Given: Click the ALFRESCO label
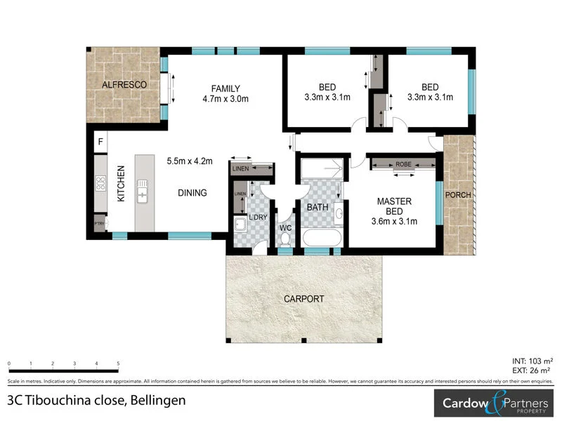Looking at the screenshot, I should coord(124,85).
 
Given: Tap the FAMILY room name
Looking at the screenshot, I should coord(226,88).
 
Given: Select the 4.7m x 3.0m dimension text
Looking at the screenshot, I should coord(226,99).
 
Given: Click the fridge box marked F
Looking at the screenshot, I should coord(100,142).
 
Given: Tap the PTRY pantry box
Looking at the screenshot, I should coord(100,224).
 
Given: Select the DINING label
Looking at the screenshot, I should coord(192,193).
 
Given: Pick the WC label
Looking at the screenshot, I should coord(285,228).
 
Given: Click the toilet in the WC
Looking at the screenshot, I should coord(285,241).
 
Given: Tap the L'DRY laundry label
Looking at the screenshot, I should coord(257,218).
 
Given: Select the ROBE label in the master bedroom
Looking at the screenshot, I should coord(403,164).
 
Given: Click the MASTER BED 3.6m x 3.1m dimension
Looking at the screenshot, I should coord(393,222).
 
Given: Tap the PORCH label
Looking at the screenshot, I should coord(459,194).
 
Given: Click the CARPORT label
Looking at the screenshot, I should coord(304,299).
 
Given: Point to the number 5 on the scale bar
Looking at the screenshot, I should coord(119,363).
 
